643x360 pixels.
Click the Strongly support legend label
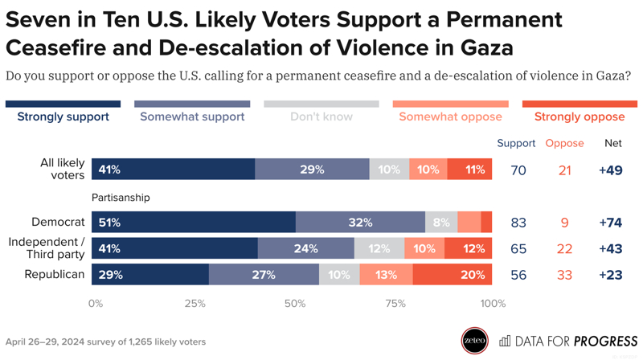click(x=63, y=117)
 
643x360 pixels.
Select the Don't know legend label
click(x=321, y=117)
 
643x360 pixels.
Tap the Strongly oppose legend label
click(x=579, y=117)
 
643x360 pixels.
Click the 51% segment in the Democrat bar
click(x=194, y=223)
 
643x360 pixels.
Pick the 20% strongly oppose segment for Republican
click(x=453, y=275)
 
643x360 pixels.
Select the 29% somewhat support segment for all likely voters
click(x=312, y=170)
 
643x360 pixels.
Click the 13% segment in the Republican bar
click(x=386, y=275)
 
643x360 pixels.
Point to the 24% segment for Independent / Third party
click(x=305, y=248)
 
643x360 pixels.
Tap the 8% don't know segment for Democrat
click(x=441, y=223)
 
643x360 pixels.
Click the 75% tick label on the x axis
click(x=395, y=304)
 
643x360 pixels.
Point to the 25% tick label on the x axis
click(x=195, y=304)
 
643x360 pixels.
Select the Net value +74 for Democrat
click(x=611, y=223)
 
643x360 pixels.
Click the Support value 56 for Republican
click(x=518, y=275)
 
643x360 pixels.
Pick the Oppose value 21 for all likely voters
click(x=564, y=170)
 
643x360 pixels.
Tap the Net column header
click(x=612, y=143)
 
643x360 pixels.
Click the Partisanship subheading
click(x=121, y=197)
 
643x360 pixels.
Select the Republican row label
click(x=54, y=274)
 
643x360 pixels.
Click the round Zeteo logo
click(x=474, y=341)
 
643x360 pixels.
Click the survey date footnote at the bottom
click(x=105, y=342)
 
